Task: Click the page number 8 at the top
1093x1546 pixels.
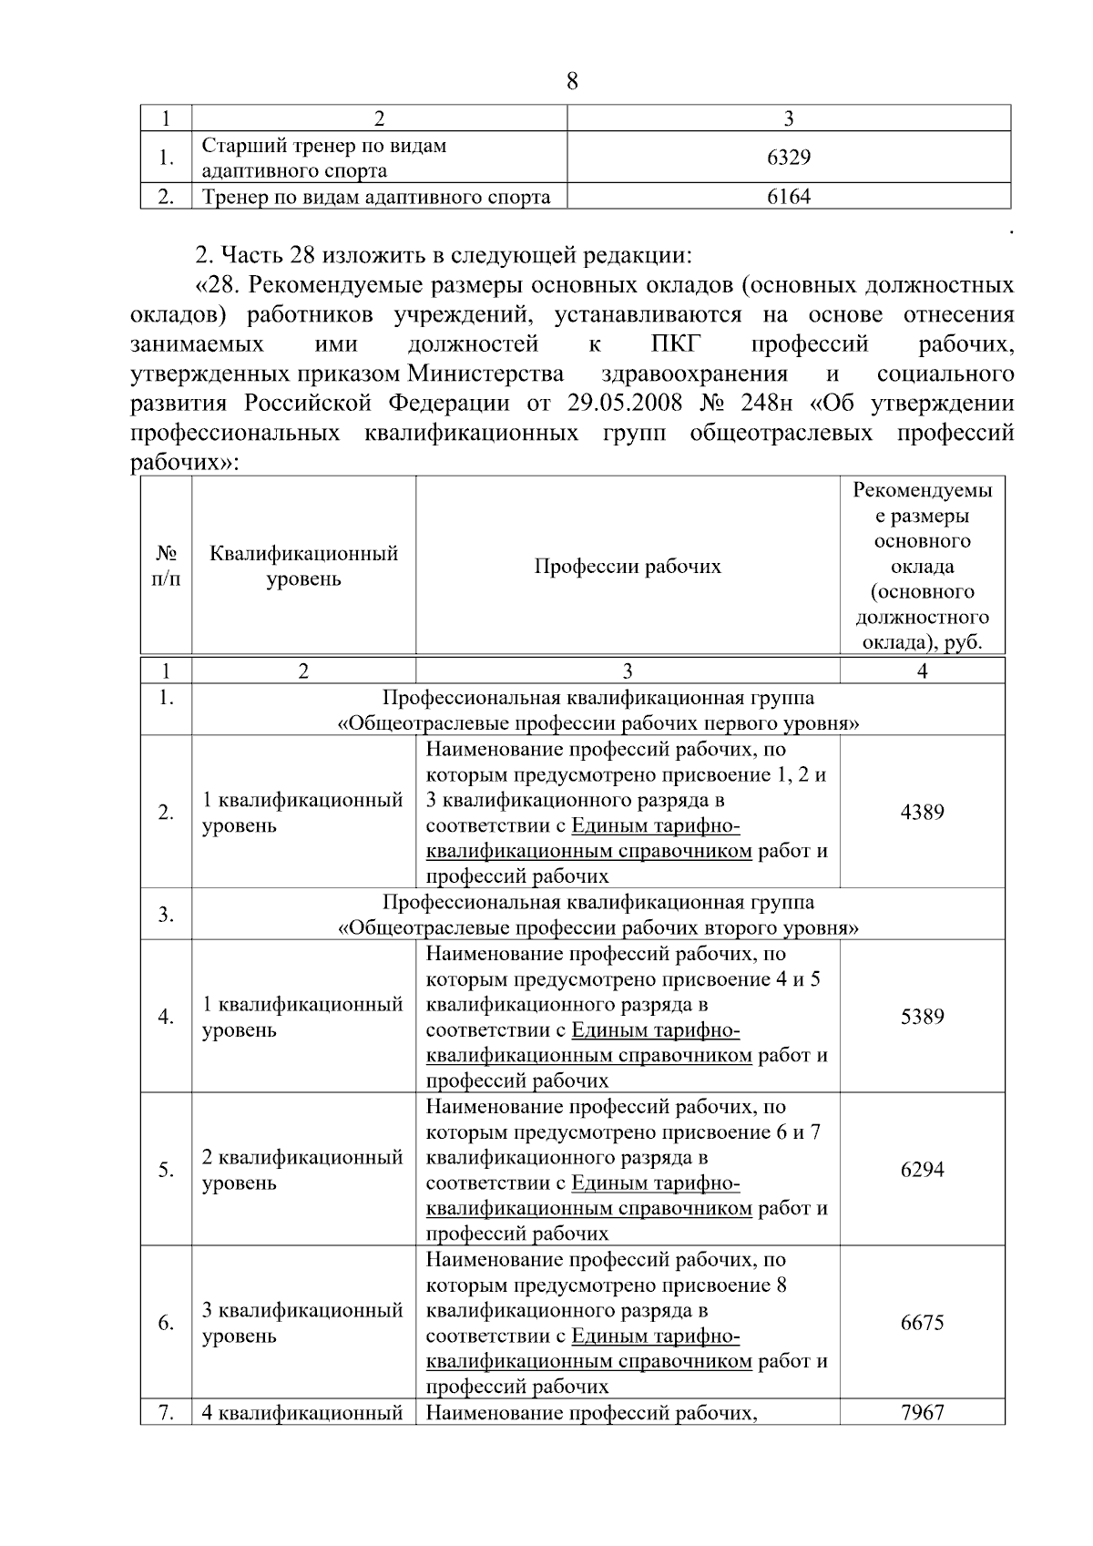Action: pos(572,82)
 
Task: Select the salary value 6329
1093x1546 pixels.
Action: pos(789,158)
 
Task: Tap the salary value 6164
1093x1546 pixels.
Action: pos(789,197)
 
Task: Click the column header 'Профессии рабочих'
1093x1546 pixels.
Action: pos(627,567)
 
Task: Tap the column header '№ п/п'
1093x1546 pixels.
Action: pos(166,567)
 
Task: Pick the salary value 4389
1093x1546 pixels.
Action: pos(922,813)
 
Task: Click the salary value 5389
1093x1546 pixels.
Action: pos(922,1017)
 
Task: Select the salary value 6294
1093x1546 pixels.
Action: pos(922,1170)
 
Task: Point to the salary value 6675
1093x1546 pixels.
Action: pos(922,1323)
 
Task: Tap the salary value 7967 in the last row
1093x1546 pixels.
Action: pos(922,1413)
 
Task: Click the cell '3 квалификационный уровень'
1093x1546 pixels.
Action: pos(301,1323)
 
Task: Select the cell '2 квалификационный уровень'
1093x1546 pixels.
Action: pos(301,1170)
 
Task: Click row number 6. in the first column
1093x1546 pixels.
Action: pos(166,1323)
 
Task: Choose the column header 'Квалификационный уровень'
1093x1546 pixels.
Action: pos(303,567)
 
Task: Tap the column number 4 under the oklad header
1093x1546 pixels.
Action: pos(922,671)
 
